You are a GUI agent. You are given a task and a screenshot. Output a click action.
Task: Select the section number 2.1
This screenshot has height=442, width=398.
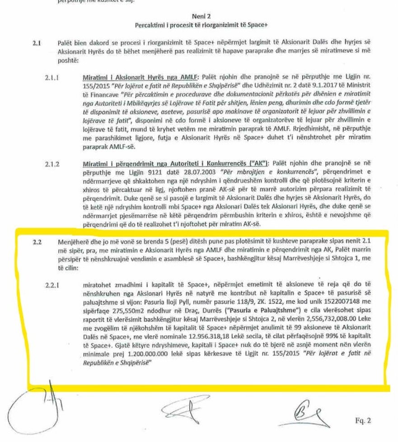tap(37, 43)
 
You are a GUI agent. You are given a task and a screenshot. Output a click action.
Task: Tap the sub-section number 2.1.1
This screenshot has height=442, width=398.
tap(53, 77)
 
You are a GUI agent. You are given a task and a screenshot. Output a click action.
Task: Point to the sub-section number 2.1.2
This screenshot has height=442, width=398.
tap(53, 162)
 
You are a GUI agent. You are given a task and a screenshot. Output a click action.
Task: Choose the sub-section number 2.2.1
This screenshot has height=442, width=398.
tap(53, 285)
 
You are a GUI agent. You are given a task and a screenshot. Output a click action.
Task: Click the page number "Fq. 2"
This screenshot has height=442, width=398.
tap(363, 421)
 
